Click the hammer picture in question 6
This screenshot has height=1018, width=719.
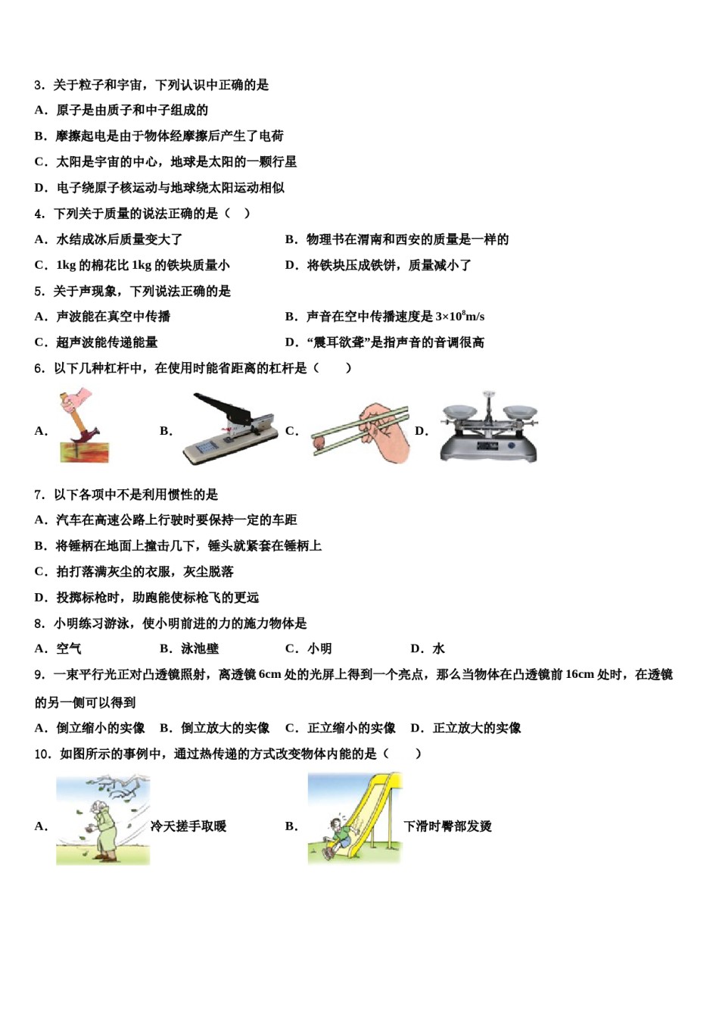[x=83, y=426]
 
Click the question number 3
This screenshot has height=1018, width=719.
[x=39, y=85]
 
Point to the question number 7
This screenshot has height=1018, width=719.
[x=39, y=495]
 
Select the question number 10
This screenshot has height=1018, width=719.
[x=42, y=754]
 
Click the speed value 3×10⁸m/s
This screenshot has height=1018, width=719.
[x=459, y=317]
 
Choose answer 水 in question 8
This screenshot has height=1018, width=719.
[x=438, y=648]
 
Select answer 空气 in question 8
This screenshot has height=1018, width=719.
[x=68, y=648]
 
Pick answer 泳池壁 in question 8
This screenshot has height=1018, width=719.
[x=200, y=648]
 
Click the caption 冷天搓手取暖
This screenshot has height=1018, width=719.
[x=188, y=826]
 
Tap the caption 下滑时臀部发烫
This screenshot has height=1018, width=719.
[x=447, y=826]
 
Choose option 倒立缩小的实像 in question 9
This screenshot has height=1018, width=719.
[x=100, y=728]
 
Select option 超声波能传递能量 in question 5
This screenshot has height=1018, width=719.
[x=107, y=342]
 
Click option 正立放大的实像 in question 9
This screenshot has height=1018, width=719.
[x=477, y=728]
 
